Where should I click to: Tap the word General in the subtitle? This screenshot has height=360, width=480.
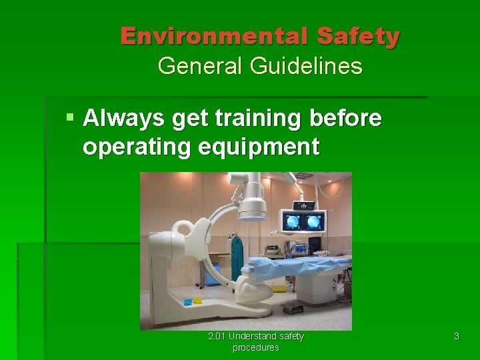pos(200,66)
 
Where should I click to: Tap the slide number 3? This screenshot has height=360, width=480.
pos(456,337)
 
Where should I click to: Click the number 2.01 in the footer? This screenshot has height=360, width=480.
pos(216,336)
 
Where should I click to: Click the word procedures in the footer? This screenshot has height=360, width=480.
pos(255,347)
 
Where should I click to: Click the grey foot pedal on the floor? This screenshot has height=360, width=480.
pos(293,309)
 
